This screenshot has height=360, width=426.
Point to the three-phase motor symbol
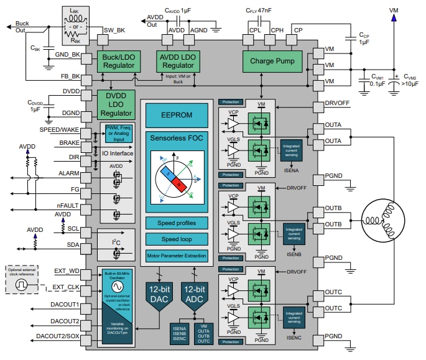pos(384,219)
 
